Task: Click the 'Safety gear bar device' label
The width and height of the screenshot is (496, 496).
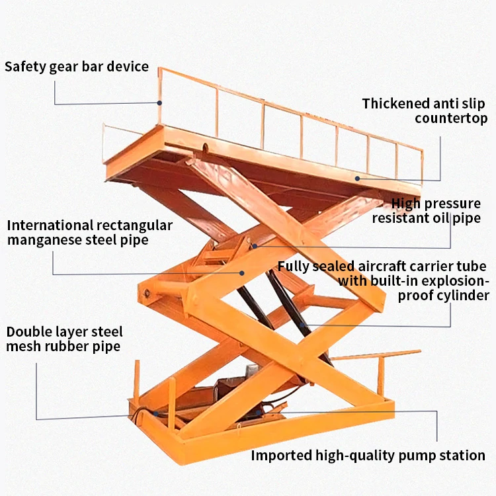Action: [x=77, y=67]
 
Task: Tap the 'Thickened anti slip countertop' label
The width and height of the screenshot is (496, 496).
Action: [x=424, y=111]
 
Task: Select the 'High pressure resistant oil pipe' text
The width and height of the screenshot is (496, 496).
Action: [x=427, y=210]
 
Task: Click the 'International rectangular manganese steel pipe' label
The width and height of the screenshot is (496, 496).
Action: [x=90, y=232]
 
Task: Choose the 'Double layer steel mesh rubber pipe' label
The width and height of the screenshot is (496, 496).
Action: [x=65, y=339]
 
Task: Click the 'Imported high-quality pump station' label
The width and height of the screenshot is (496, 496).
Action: [x=368, y=455]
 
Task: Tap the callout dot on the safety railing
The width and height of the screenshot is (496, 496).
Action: [x=159, y=103]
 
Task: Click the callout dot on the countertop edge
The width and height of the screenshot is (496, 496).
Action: [x=356, y=177]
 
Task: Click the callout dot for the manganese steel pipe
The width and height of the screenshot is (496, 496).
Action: [x=242, y=272]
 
